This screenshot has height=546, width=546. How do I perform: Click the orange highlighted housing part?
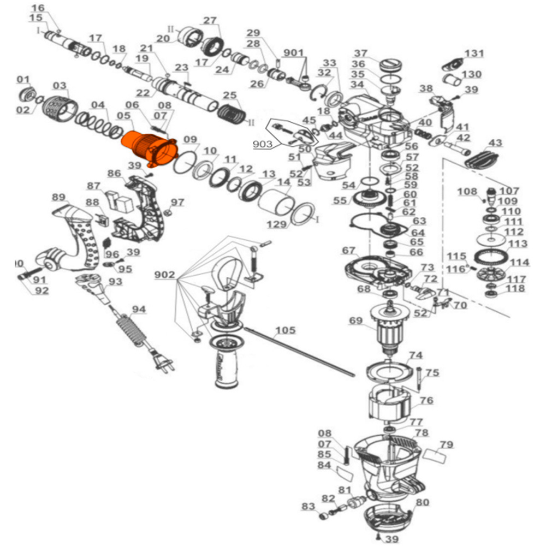(x=147, y=146)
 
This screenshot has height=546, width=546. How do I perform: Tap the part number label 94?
(x=139, y=310)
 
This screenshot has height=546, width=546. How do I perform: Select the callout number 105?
(x=285, y=330)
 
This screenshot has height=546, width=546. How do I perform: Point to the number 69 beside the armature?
(x=356, y=321)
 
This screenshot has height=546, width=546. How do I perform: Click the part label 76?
(x=426, y=401)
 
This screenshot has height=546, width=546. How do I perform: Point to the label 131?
(x=474, y=53)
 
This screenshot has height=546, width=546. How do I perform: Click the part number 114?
(x=520, y=262)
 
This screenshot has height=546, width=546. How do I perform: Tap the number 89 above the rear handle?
(x=58, y=197)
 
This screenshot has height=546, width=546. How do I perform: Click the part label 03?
(x=60, y=86)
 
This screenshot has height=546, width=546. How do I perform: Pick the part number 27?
(x=210, y=21)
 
